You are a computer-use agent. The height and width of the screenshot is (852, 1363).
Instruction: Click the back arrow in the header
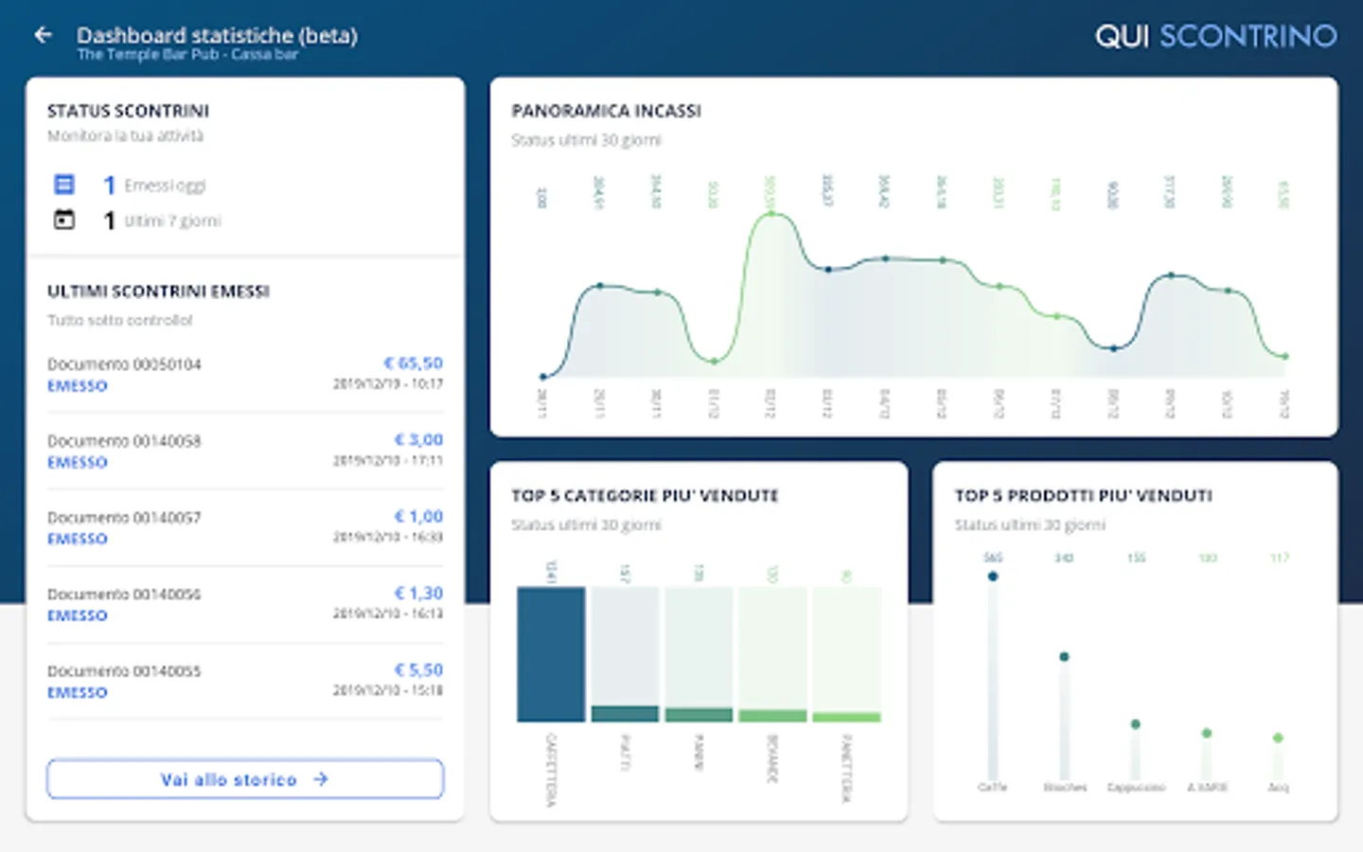(x=43, y=35)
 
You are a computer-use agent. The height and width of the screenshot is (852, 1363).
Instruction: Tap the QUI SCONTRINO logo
(x=1215, y=36)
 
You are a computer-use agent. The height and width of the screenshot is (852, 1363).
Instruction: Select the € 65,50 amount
(x=413, y=364)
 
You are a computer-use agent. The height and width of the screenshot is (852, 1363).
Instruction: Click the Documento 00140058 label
(x=124, y=441)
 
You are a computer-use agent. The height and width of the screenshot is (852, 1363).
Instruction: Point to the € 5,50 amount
(x=418, y=670)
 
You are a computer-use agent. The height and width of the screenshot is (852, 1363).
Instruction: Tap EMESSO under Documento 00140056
(x=78, y=616)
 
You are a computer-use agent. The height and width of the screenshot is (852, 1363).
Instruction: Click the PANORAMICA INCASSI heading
(x=606, y=111)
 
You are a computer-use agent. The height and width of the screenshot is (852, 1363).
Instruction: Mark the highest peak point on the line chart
(x=771, y=214)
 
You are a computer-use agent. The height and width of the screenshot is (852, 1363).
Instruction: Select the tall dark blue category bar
(x=551, y=654)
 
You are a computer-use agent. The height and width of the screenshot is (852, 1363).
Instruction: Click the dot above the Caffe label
(x=992, y=576)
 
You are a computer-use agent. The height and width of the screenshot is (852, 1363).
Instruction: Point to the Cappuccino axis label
(x=1136, y=788)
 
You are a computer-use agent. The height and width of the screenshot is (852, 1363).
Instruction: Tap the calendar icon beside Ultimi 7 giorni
(x=64, y=220)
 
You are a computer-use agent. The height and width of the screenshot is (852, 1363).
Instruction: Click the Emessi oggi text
(x=165, y=186)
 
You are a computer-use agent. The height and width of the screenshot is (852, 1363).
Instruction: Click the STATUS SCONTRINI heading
(x=128, y=111)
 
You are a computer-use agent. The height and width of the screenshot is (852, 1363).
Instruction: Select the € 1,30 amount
(x=418, y=594)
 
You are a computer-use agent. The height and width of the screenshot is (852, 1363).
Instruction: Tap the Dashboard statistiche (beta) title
(x=217, y=35)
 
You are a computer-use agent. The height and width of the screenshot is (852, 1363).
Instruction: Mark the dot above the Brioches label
(x=1064, y=656)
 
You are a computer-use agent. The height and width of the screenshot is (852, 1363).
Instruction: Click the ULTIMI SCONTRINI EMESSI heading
(x=158, y=292)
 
